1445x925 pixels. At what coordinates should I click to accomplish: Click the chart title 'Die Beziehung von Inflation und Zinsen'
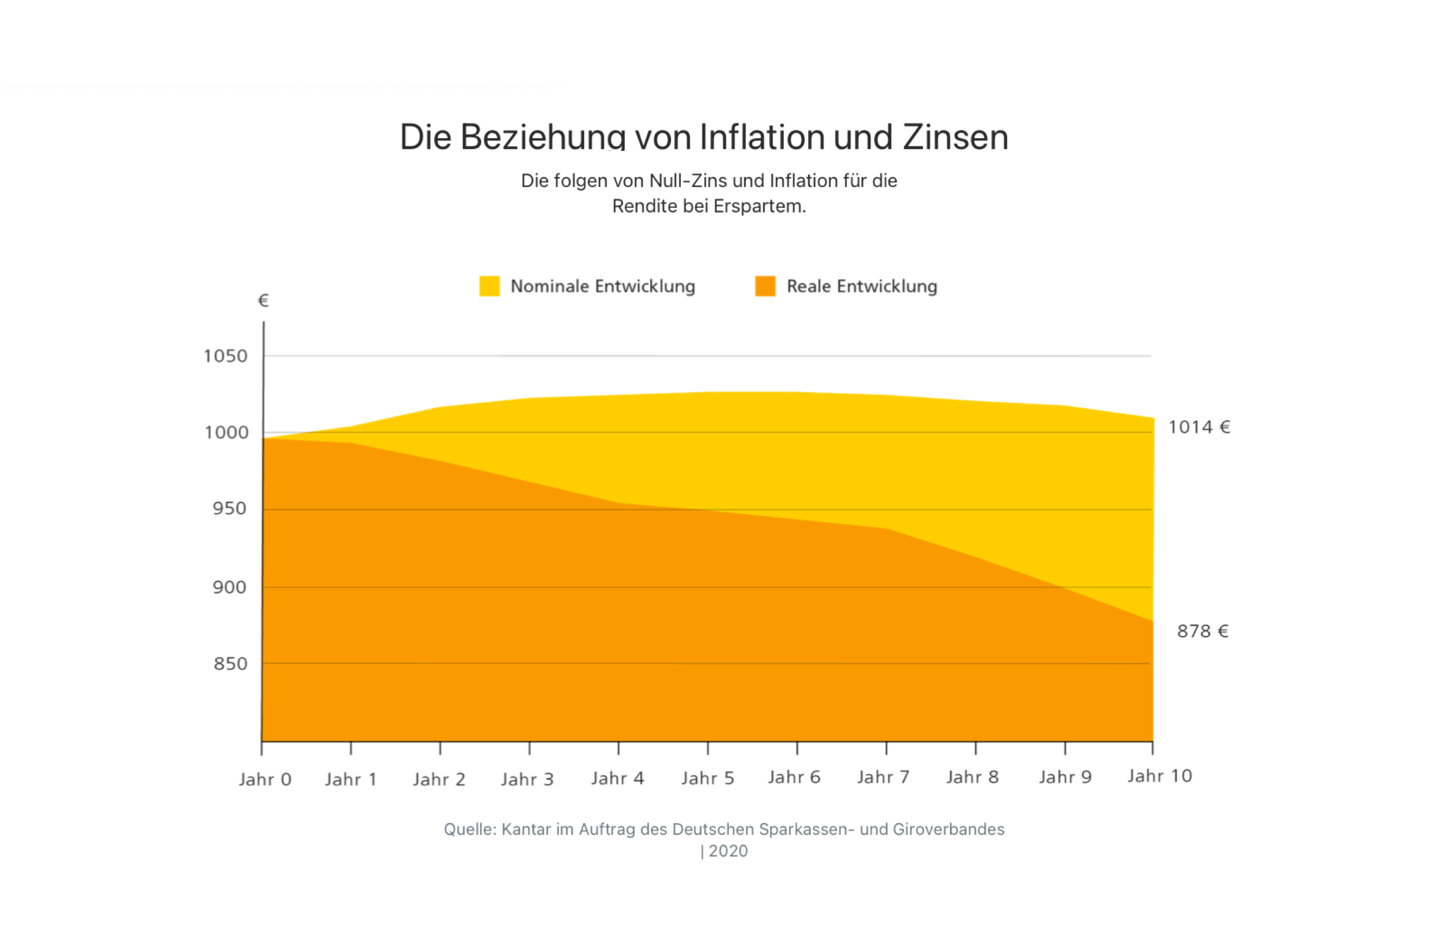click(x=703, y=137)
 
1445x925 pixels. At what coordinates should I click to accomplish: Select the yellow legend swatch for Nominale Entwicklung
click(x=489, y=286)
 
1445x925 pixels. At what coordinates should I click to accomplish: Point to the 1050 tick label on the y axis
click(x=225, y=356)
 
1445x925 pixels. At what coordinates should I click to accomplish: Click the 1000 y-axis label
click(x=226, y=433)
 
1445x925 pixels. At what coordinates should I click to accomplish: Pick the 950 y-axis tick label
click(x=229, y=509)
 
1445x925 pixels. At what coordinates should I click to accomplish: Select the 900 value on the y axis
click(x=229, y=587)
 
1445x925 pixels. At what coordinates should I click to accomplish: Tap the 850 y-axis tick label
click(x=230, y=664)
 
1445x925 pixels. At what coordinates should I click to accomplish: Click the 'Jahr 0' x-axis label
click(x=265, y=780)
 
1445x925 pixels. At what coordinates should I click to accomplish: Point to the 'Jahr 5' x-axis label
click(x=708, y=778)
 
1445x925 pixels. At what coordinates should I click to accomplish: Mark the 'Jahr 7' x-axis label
click(x=883, y=777)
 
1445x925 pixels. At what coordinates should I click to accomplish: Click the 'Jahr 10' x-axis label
click(x=1159, y=776)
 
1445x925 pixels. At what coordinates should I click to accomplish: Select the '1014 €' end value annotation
click(x=1199, y=427)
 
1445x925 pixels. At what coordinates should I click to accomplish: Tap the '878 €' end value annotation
click(x=1202, y=631)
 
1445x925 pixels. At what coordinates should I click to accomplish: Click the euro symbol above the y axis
click(x=263, y=300)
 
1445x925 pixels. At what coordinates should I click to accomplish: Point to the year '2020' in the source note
click(x=728, y=851)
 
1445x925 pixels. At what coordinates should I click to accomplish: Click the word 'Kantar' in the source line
click(x=526, y=830)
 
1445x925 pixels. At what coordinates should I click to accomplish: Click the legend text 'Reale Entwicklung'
click(x=861, y=286)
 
